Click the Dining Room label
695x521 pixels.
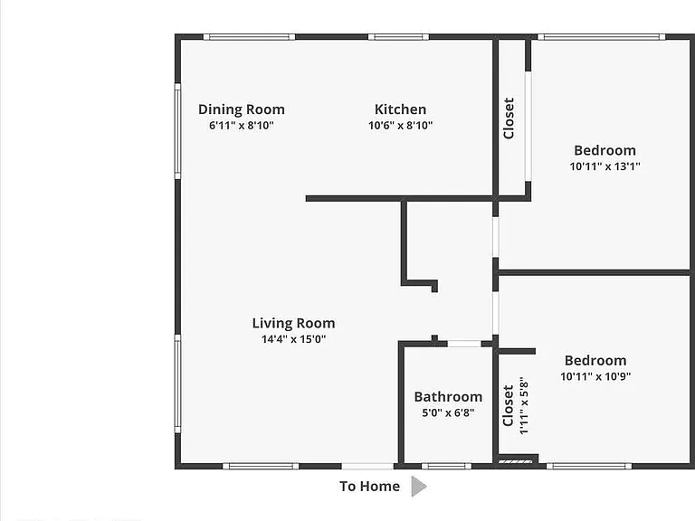[241, 109]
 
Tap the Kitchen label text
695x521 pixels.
[400, 109]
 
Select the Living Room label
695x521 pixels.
[293, 324]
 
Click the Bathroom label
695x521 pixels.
[448, 397]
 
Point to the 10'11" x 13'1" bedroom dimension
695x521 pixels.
[605, 166]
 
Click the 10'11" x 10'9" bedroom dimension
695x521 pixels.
[595, 376]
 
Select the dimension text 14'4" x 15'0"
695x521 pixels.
[293, 339]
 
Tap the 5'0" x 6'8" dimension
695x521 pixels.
[448, 412]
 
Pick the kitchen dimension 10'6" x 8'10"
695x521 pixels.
[400, 126]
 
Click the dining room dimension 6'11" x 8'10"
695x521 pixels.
[241, 126]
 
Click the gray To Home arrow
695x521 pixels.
[418, 487]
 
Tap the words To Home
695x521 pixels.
[369, 487]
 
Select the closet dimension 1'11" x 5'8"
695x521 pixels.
[524, 406]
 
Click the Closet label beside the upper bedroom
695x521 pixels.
[509, 118]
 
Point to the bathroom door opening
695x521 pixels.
[463, 344]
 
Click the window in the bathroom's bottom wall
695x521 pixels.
[446, 466]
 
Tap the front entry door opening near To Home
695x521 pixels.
[367, 466]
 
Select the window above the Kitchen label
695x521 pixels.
[398, 37]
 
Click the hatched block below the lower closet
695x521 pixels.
[515, 462]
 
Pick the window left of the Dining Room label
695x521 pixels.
[177, 131]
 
